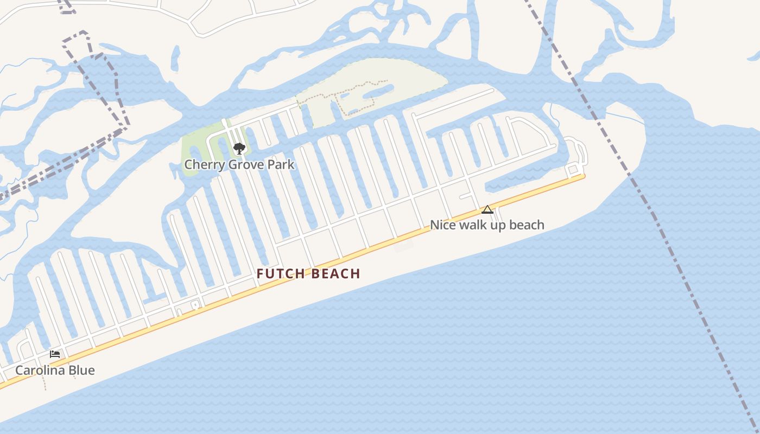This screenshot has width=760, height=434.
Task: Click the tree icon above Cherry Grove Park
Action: [239, 148]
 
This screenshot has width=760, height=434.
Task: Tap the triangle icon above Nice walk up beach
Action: [487, 209]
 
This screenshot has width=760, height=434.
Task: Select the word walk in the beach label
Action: [474, 225]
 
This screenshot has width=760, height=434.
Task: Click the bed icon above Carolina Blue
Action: [54, 354]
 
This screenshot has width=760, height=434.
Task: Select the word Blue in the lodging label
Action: [83, 371]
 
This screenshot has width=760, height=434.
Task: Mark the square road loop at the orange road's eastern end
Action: [572, 170]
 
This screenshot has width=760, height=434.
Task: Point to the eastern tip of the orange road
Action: [584, 176]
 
